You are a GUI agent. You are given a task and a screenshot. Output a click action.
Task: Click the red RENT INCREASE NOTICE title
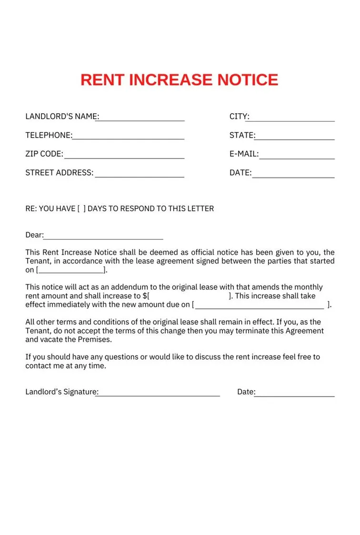tap(179, 79)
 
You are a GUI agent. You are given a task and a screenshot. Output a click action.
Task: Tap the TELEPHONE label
tap(48, 135)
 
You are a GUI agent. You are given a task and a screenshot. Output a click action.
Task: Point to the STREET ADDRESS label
tap(59, 173)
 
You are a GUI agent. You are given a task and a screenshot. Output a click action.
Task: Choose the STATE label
tap(241, 135)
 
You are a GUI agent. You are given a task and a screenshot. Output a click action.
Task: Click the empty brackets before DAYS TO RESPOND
tap(81, 208)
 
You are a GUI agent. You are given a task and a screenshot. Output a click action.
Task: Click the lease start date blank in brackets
tap(71, 270)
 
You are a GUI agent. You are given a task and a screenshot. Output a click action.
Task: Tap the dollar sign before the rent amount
tap(144, 296)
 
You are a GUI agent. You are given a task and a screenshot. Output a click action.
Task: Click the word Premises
tap(95, 339)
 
